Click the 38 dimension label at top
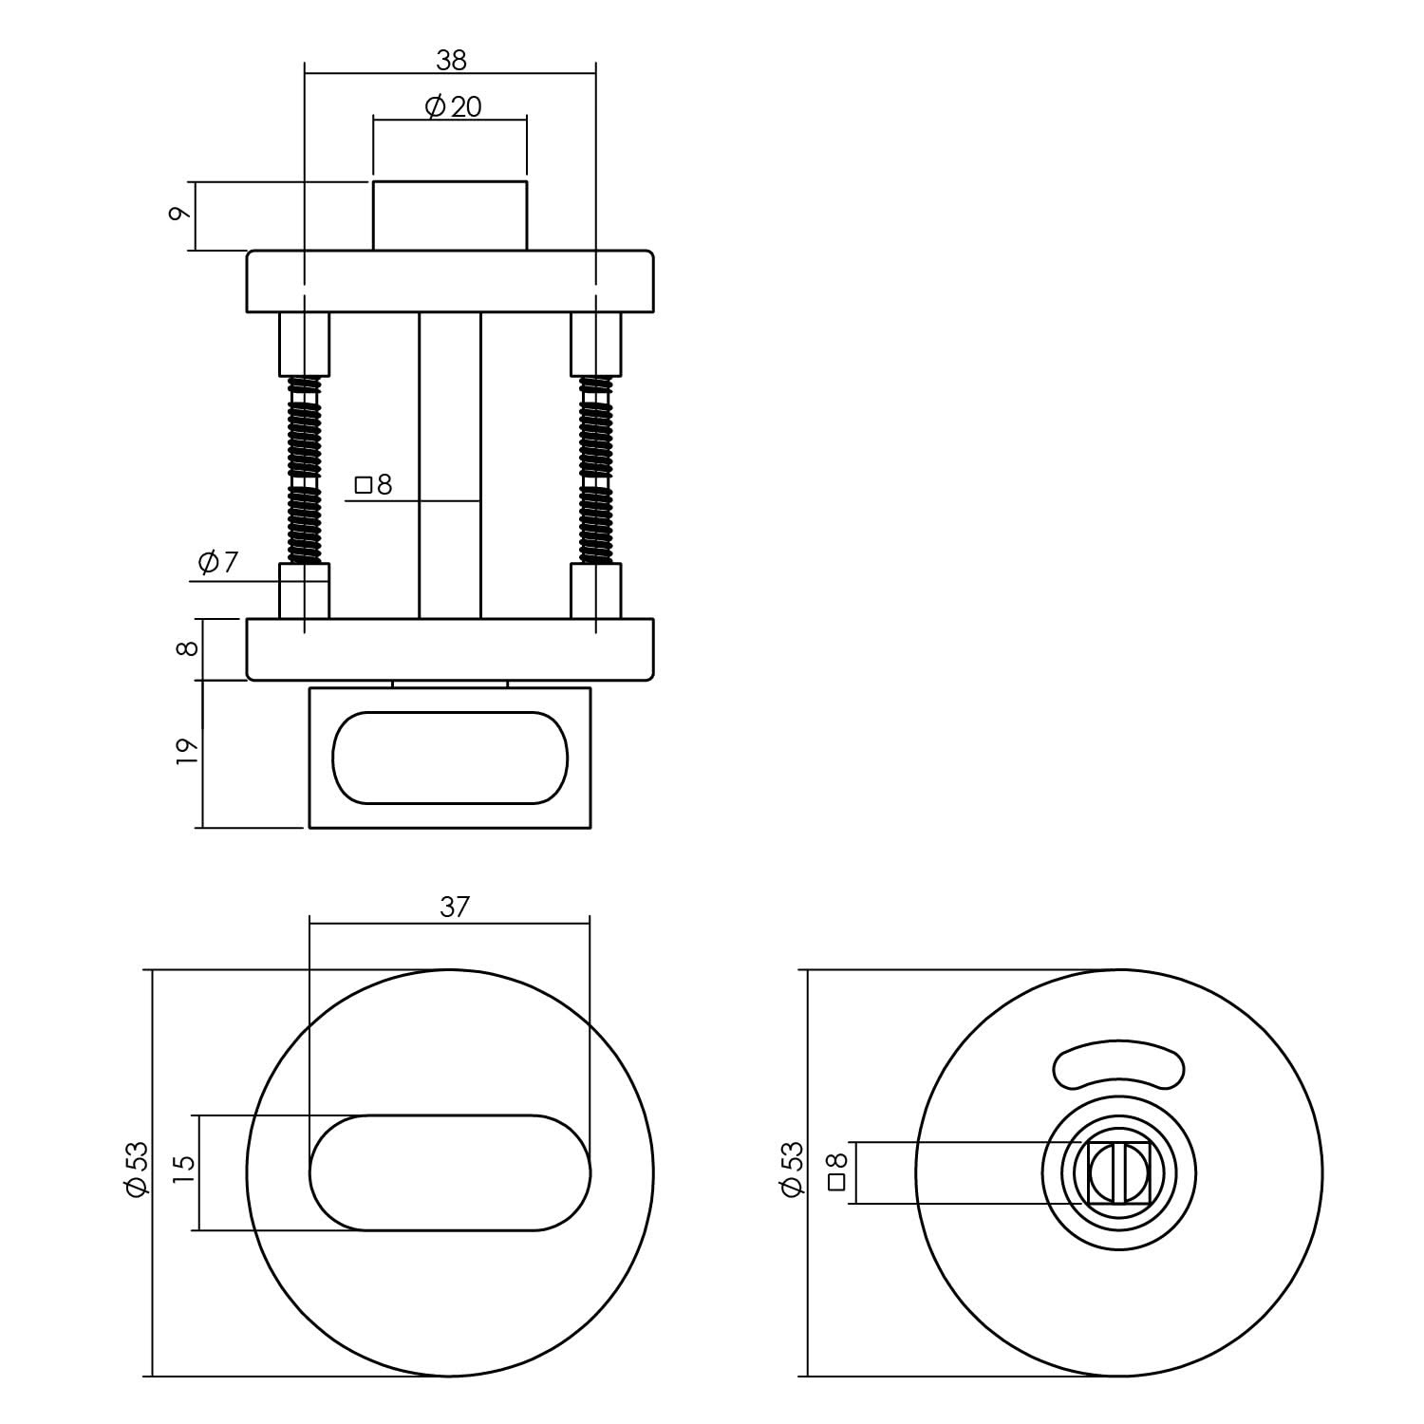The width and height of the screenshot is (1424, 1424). [x=451, y=60]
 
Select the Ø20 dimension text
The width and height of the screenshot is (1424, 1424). [x=453, y=107]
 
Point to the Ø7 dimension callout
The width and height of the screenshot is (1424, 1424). [x=217, y=563]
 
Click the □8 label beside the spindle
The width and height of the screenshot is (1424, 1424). [x=373, y=486]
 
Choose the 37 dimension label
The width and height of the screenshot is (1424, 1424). [x=454, y=908]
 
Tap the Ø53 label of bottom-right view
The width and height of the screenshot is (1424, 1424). [x=792, y=1171]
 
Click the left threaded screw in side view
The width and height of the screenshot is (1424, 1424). [x=304, y=470]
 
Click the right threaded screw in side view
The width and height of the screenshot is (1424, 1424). [x=596, y=470]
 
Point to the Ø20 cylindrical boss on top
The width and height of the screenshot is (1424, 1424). [x=449, y=215]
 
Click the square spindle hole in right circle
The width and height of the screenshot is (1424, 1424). [x=1119, y=1173]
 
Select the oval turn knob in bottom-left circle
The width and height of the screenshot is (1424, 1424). [x=450, y=1172]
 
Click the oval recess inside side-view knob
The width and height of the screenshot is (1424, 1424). [x=450, y=758]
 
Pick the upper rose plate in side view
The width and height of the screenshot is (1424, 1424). [x=450, y=281]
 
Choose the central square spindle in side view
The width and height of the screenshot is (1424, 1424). [x=450, y=465]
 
